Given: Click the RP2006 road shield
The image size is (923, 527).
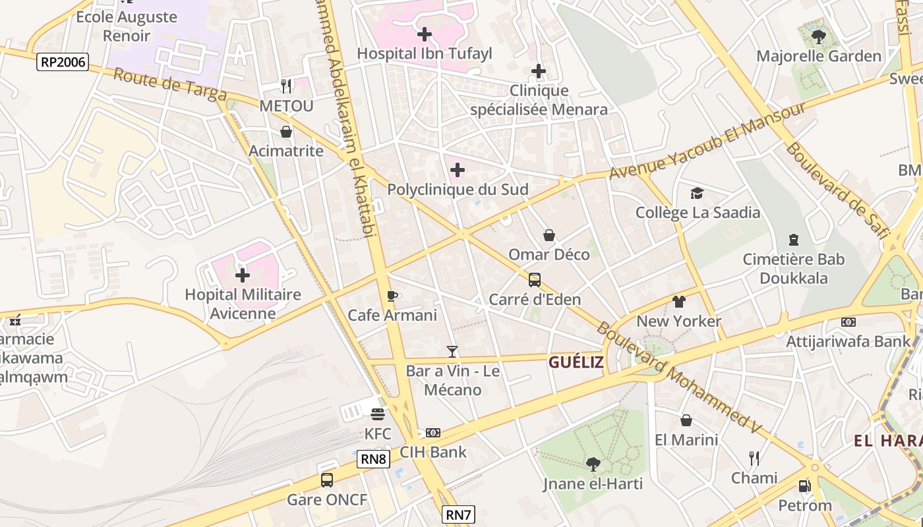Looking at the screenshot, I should click(x=63, y=62).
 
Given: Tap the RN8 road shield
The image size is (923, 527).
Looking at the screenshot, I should click(x=373, y=458).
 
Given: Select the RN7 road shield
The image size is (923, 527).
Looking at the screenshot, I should click(x=458, y=514).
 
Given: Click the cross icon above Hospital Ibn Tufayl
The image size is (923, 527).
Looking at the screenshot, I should click(x=425, y=34).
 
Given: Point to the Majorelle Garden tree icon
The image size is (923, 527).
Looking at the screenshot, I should click(x=819, y=36).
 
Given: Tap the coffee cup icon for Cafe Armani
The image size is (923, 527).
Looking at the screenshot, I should click(x=392, y=296).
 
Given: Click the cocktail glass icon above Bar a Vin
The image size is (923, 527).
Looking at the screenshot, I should click(x=452, y=352).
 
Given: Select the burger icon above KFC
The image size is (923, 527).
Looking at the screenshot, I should click(x=378, y=414).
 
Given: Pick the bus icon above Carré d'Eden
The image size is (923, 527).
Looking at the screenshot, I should click(x=535, y=280).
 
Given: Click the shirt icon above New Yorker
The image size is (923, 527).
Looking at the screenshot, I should click(x=679, y=302).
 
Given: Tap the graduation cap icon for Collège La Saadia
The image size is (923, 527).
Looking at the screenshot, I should click(x=698, y=193).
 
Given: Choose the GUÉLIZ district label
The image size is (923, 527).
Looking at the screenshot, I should click(x=576, y=362).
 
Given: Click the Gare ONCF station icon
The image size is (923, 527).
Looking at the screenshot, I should click(x=327, y=480).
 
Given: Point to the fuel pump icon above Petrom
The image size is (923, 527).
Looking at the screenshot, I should click(x=804, y=486).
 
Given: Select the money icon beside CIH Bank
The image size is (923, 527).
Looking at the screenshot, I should click(x=433, y=433).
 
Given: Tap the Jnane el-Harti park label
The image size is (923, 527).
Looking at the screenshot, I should click(x=593, y=484).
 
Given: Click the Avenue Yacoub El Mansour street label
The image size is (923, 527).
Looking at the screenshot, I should click(x=707, y=140).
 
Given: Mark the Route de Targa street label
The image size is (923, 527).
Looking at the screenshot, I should click(x=169, y=84).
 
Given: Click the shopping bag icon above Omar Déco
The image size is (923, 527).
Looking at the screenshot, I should click(x=549, y=235).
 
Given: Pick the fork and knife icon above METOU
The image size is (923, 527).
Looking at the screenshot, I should click(x=286, y=86).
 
